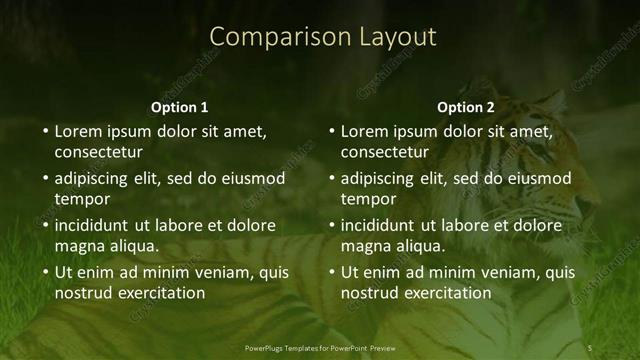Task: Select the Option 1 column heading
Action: [x=180, y=107]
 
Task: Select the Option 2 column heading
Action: [x=466, y=107]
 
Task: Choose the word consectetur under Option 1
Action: [x=98, y=153]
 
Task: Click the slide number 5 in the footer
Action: [x=589, y=348]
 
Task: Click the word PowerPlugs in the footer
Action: [x=266, y=348]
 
